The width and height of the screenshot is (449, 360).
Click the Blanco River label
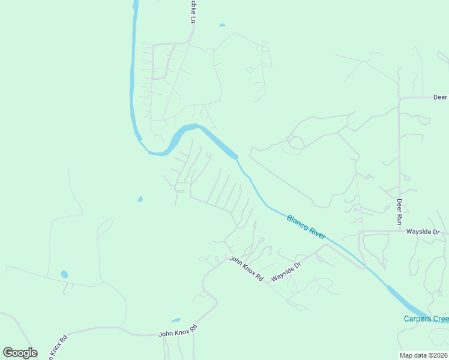coord(306,227)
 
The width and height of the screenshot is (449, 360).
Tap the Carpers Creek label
coord(426,319)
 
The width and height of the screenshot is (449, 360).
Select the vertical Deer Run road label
coord(399,211)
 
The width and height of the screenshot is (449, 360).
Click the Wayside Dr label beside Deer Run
coord(423,232)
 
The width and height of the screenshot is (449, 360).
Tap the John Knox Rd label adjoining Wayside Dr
coord(246,269)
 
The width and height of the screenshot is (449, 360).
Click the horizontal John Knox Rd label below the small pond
coord(177,331)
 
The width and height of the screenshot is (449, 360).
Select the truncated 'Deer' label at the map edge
coord(440,97)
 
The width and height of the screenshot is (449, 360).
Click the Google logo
coord(20,353)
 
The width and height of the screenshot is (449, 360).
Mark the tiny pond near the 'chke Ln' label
coord(222,25)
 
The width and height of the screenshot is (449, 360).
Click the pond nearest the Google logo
coord(64,274)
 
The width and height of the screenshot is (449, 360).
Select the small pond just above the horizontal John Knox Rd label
coord(176,320)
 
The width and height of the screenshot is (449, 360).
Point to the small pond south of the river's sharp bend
coord(140,199)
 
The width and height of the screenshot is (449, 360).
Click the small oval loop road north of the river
coord(295,143)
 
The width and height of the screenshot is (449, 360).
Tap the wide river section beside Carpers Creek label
coord(402,299)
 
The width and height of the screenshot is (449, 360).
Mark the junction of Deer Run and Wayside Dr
coord(399,231)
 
